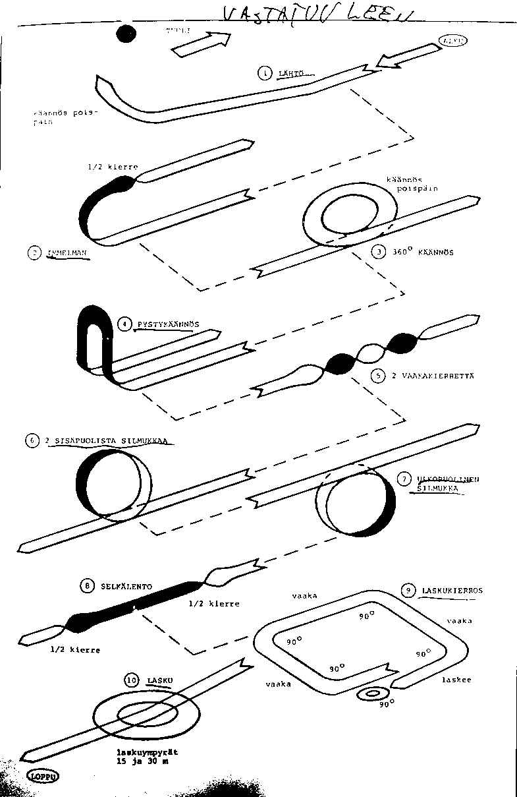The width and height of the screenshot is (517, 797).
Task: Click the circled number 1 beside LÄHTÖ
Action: tap(265, 73)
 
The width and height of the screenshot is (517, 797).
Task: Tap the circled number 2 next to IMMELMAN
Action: tap(34, 252)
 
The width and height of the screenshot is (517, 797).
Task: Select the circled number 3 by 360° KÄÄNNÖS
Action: tap(378, 251)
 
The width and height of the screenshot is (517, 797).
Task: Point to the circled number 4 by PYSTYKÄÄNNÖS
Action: tap(124, 324)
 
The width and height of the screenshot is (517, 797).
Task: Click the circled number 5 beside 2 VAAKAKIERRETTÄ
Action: tap(378, 375)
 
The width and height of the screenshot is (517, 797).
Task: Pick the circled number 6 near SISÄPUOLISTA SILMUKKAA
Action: tap(32, 441)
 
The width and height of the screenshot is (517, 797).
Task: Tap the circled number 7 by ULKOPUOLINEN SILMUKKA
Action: tap(405, 479)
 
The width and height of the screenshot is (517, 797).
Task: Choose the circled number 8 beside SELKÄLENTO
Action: tap(86, 585)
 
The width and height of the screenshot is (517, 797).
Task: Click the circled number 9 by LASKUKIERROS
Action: tap(408, 591)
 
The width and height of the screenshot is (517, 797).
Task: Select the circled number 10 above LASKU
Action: tap(132, 680)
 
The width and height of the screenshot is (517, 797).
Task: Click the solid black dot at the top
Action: tap(126, 34)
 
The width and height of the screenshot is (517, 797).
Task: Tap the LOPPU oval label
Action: tap(43, 776)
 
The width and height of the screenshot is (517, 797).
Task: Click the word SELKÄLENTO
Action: tap(126, 585)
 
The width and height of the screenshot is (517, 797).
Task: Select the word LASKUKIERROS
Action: tap(452, 591)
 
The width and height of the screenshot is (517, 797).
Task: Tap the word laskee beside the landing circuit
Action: tap(455, 679)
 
